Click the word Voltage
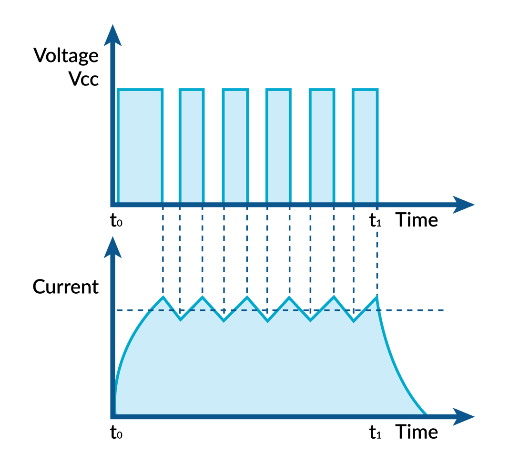point(66,56)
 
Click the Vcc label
point(83,79)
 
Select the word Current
point(65,287)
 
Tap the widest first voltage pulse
point(140,145)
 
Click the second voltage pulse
point(191,145)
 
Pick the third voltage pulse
point(235,145)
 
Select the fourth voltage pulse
point(278,145)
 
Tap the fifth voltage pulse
point(322,145)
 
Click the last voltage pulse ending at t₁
point(365,145)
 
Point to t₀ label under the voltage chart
point(116,220)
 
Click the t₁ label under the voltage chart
point(376,220)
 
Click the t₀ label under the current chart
point(116,432)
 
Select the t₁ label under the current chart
point(376,432)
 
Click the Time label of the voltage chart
point(417,220)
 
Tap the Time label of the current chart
point(417,432)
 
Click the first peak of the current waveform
point(163,298)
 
